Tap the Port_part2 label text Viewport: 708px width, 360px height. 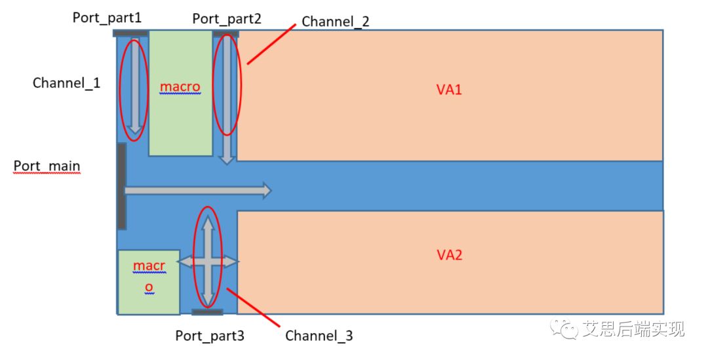pos(227,18)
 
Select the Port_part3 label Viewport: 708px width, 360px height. pos(210,336)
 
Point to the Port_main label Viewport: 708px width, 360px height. pos(47,166)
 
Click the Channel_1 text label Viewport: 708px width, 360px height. pos(67,83)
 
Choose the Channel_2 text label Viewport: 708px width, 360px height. pos(336,22)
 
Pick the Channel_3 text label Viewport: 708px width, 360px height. pos(319,336)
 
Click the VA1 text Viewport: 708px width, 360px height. pos(449,90)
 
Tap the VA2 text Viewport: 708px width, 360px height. pos(449,254)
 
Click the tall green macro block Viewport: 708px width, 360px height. pos(180,92)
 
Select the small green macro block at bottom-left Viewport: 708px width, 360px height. pos(148,282)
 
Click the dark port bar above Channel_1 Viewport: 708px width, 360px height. pos(131,33)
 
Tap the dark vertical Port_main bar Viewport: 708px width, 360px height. pos(121,186)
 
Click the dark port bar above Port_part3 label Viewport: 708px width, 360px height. pos(207,312)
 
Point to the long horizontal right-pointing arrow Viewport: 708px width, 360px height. pos(197,191)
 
